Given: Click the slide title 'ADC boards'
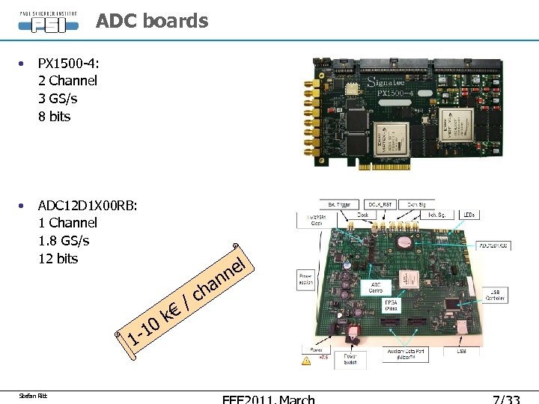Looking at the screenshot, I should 152,21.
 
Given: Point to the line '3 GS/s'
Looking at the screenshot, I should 58,98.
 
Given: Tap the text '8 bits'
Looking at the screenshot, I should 54,116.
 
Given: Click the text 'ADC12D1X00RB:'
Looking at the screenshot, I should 88,205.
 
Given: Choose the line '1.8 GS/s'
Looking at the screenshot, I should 64,240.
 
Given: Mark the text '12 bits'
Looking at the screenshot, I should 58,258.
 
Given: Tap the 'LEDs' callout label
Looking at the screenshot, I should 469,215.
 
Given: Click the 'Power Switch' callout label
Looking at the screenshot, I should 350,358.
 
